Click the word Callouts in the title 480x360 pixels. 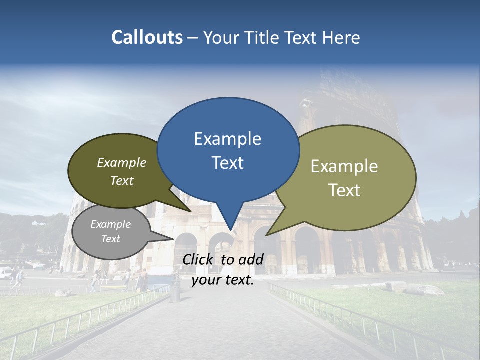pos(147,37)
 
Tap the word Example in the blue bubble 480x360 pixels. pos(227,139)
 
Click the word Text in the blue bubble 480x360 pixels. pos(227,163)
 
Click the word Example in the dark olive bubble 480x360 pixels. pos(122,163)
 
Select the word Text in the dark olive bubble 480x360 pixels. pos(122,181)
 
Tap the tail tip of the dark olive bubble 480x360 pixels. pos(190,211)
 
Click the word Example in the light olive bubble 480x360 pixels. pos(344,166)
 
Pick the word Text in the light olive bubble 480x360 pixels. pos(344,190)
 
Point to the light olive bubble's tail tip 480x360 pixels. pos(267,235)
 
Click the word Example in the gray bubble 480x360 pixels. pos(111,225)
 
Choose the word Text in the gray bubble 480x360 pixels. pos(111,239)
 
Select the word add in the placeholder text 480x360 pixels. pos(251,259)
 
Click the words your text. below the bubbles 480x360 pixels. pos(223,280)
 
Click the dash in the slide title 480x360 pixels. pos(193,38)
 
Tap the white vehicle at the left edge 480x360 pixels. pos(4,273)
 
